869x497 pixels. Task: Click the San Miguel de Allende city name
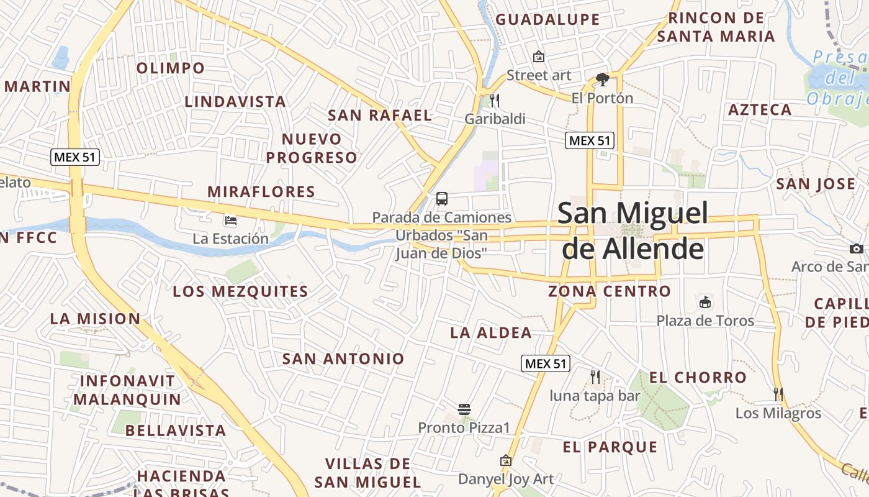point(633,230)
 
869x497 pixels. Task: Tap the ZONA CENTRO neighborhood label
point(610,291)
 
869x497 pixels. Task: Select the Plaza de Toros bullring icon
point(705,303)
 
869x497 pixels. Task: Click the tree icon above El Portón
point(601,80)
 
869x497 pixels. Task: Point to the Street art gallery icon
point(539,57)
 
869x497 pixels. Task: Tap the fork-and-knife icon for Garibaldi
point(495,100)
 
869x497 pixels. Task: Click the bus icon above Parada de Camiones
point(442,199)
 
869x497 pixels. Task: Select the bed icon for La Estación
point(230,220)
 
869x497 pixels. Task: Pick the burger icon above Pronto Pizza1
point(464,409)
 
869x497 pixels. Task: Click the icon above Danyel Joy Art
point(506,461)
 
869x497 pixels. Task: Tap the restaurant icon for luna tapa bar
point(595,376)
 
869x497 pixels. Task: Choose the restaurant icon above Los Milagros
point(778,394)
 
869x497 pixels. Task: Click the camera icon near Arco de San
point(857,248)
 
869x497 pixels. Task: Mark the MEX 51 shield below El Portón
point(590,140)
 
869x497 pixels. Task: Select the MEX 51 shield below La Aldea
point(545,363)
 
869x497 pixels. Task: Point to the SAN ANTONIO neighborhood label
point(343,358)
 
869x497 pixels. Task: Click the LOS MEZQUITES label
point(240,291)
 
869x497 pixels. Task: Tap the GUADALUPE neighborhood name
point(547,19)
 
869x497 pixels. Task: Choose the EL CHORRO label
point(698,377)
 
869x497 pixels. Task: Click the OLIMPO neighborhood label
point(170,68)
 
